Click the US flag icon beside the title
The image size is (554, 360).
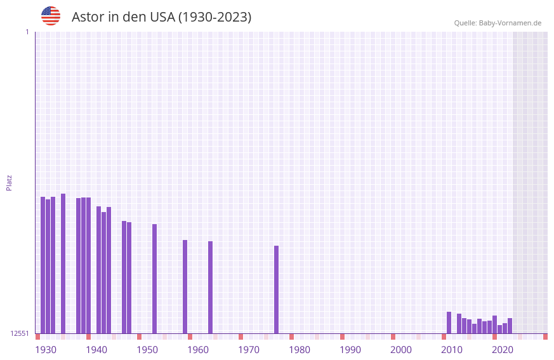51,16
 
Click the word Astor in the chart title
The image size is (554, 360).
88,17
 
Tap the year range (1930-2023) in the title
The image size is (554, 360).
215,17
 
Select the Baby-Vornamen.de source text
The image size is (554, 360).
498,23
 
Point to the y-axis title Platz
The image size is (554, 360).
9,182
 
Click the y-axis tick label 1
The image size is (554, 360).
27,32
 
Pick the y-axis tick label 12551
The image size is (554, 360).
20,333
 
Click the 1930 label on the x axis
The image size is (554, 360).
46,350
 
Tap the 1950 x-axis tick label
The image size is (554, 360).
147,350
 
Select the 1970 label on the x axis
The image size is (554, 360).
249,350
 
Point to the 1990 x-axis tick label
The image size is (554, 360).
350,350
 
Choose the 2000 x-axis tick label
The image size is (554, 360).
401,350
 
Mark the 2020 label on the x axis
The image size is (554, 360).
503,350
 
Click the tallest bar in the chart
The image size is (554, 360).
63,263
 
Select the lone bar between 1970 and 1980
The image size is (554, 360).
277,290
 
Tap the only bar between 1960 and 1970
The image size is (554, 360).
211,287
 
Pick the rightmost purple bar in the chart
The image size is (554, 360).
510,326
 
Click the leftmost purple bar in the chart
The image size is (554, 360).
43,265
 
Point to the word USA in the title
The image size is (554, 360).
162,17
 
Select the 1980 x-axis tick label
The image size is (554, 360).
300,350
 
